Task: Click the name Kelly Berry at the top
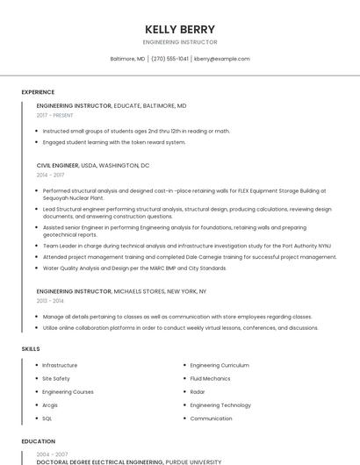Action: coord(180,29)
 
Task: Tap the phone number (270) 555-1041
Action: coord(169,59)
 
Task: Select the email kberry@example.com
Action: coord(222,59)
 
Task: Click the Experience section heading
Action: coord(38,92)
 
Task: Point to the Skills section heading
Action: coord(31,349)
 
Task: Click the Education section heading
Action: coord(39,441)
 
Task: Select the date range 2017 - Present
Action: coord(55,115)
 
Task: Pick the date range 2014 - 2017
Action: coord(50,175)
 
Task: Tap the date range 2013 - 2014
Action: coord(50,300)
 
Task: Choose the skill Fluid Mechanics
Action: coord(210,378)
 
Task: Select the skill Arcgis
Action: coord(50,405)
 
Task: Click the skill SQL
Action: coord(47,418)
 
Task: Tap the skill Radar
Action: coord(198,391)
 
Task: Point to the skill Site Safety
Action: coord(56,378)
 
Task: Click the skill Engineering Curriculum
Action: coord(220,365)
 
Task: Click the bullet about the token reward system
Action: coord(114,141)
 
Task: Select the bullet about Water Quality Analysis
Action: coord(134,268)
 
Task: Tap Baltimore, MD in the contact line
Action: coord(127,59)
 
